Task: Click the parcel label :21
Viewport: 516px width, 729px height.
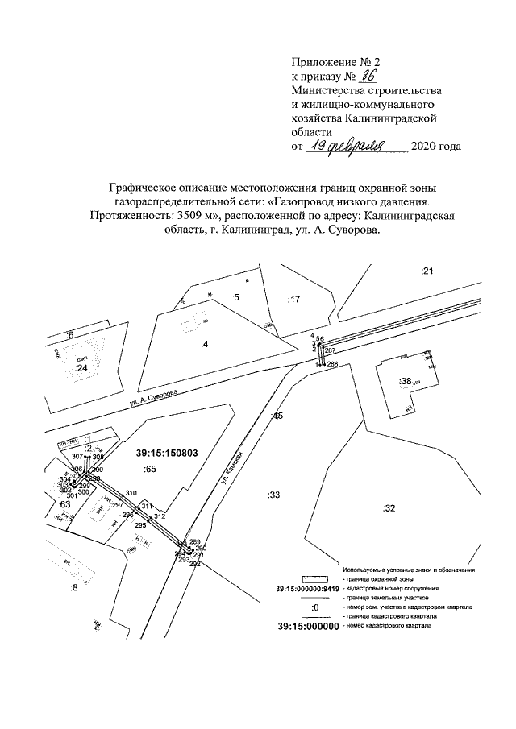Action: [x=427, y=271]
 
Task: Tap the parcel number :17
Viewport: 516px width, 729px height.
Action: [x=293, y=300]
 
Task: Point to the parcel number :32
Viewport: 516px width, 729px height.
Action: [x=389, y=508]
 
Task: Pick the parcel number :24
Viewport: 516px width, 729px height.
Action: [x=80, y=368]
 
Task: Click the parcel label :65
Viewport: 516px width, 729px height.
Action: [x=149, y=468]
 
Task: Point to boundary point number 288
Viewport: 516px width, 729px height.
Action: [x=331, y=364]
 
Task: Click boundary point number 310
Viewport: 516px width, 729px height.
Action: [x=131, y=492]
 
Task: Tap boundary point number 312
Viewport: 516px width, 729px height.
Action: [x=159, y=516]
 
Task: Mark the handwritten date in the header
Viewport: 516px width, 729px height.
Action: [x=357, y=146]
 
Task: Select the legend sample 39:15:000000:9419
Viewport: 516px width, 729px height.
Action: [x=303, y=588]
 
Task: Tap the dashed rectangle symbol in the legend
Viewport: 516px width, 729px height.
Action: [x=317, y=578]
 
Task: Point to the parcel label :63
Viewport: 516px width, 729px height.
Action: [x=64, y=503]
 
